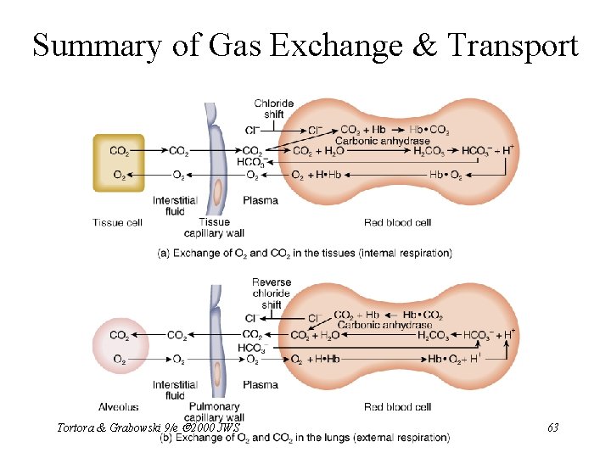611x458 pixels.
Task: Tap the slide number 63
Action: [552, 427]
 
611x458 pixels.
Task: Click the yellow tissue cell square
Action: [119, 163]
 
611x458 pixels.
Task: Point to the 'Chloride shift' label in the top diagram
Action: [273, 109]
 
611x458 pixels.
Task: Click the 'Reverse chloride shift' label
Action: [271, 293]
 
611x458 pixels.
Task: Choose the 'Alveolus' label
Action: [114, 407]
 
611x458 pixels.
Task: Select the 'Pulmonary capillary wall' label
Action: [217, 412]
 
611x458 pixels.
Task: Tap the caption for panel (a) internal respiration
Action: [305, 253]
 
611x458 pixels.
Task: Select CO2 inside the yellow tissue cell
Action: [120, 152]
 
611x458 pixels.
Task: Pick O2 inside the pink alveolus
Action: [120, 359]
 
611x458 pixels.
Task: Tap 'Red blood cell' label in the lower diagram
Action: [397, 407]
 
